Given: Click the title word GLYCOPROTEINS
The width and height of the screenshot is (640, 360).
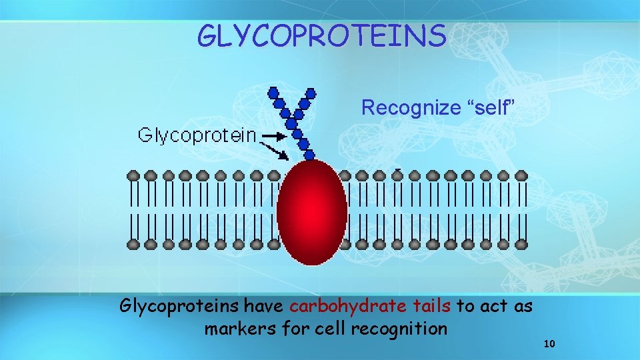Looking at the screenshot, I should point(321,36).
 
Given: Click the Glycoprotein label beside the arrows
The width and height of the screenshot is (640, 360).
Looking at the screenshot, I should point(197,135).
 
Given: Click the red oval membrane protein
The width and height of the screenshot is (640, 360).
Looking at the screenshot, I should point(312,212).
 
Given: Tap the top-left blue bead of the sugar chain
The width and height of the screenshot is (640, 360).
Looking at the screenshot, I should point(272,92).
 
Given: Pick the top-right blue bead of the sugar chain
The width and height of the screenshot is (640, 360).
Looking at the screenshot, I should point(311,93).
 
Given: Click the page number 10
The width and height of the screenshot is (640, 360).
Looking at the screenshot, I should point(549,344).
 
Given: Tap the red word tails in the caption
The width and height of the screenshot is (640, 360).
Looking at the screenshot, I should point(431,306).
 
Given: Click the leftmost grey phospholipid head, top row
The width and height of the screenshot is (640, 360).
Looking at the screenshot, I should point(133,175).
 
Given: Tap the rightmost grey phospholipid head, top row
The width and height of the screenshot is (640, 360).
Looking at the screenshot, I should point(521,175).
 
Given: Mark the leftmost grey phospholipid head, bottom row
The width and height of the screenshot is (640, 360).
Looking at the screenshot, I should point(133,245).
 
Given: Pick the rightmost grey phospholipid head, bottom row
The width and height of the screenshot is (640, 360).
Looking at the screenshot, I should point(521,245).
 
